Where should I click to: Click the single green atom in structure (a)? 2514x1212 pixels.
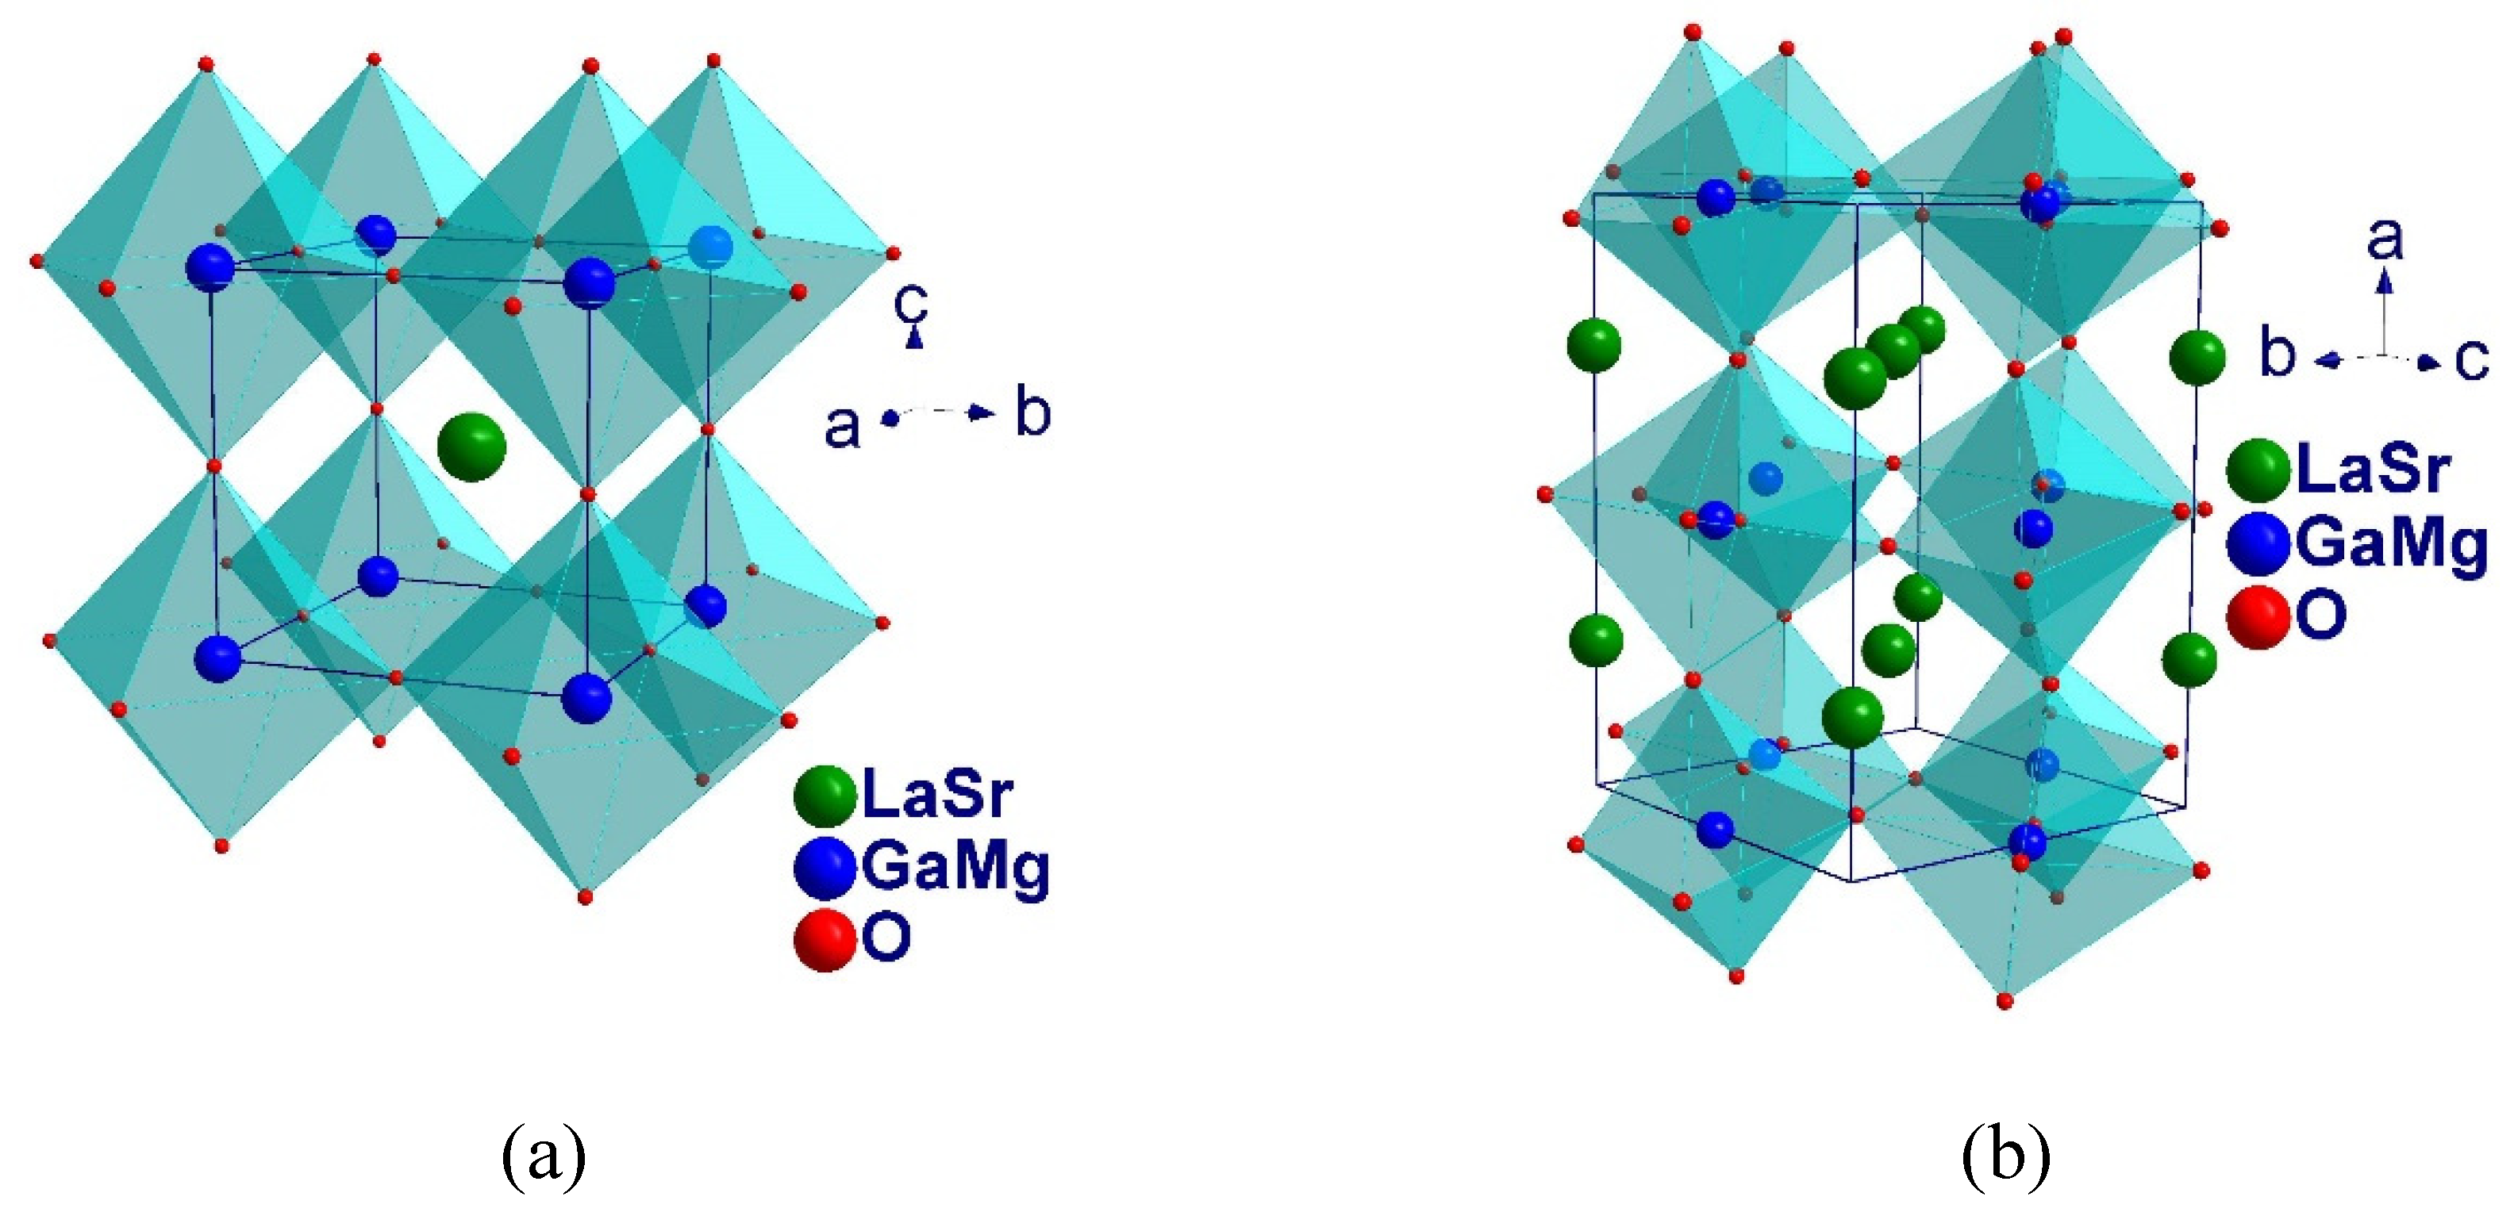471,447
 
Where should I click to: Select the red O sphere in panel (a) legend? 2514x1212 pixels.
825,940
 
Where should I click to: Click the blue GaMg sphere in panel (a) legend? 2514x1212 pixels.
825,868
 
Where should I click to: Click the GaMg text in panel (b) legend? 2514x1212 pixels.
2390,543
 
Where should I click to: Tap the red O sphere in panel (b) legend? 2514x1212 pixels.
2258,617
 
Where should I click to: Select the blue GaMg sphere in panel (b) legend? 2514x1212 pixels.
2258,543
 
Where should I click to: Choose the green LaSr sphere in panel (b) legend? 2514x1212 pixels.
2258,470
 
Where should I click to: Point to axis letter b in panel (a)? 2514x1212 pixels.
1033,412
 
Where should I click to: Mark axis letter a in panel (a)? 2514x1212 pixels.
842,427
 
